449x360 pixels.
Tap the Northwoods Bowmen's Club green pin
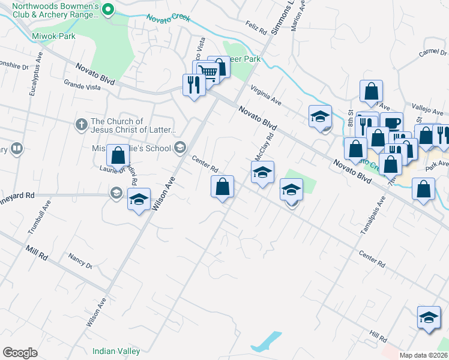point(108,9)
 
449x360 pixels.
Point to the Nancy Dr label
point(80,261)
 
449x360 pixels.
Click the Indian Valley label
point(116,351)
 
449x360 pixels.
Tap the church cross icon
point(81,125)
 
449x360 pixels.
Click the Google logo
point(20,353)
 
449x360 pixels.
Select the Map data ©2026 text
point(423,355)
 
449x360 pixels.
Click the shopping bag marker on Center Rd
point(222,186)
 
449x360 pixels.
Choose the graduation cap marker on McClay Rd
point(262,173)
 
